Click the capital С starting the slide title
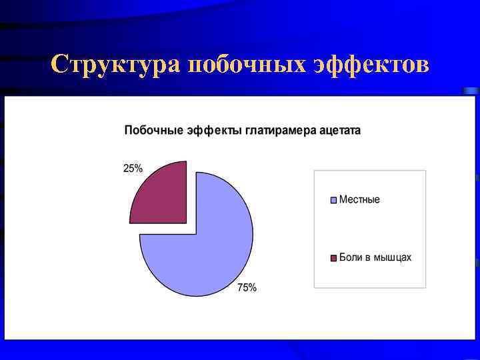coord(60,65)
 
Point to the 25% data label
coord(133,169)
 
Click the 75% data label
coord(247,288)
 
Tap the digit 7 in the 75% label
coord(241,288)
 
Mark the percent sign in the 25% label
coord(138,169)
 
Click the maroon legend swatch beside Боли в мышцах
coord(334,258)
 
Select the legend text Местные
coord(359,199)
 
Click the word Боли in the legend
coord(351,257)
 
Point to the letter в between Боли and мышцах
coord(367,258)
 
